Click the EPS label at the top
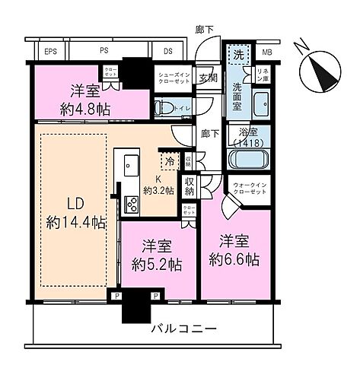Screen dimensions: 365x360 click(x=51, y=52)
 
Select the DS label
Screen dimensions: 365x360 click(x=167, y=52)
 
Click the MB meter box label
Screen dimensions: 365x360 click(x=266, y=52)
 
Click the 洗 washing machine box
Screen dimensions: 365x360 click(x=237, y=56)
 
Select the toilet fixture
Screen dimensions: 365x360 click(x=164, y=107)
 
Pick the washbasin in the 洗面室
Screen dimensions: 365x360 click(x=260, y=103)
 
